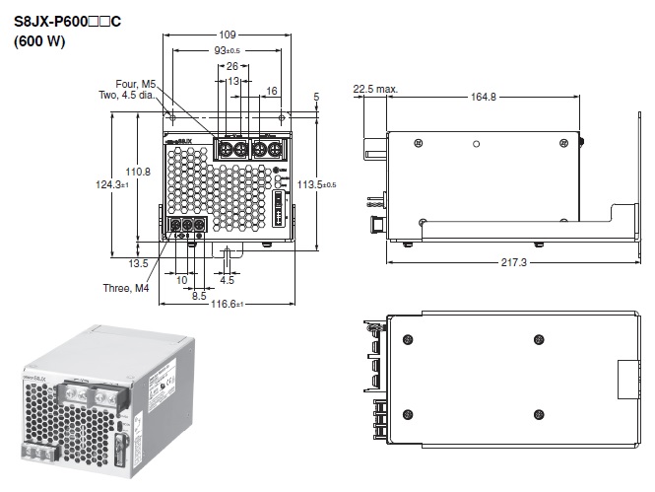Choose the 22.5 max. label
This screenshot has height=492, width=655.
375,89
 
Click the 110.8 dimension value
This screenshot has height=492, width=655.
139,172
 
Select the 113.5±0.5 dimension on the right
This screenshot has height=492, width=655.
316,184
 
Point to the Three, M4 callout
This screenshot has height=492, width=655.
129,289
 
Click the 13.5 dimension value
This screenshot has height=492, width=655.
138,263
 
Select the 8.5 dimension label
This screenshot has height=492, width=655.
199,294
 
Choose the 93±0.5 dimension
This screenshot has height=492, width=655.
229,50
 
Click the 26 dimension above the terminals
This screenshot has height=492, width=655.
233,66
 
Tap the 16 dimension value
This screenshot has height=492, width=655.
272,90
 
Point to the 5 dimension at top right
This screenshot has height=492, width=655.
316,96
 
